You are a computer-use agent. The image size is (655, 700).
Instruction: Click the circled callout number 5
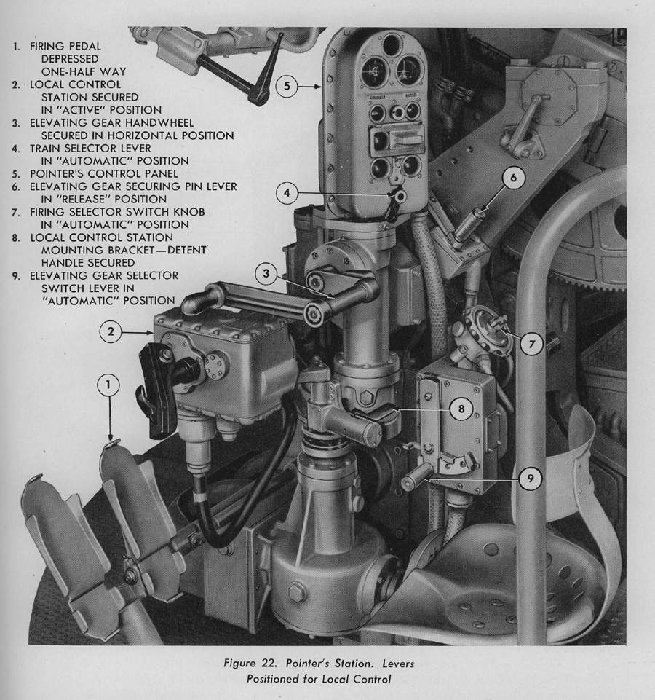(x=287, y=86)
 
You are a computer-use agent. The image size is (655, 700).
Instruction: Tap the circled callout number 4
(x=287, y=193)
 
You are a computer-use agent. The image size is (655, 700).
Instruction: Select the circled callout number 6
(x=513, y=178)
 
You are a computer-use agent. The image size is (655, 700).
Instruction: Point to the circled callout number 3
(x=266, y=273)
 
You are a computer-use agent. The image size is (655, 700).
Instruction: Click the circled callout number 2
(x=111, y=331)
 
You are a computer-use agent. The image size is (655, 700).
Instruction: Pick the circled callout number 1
(x=108, y=385)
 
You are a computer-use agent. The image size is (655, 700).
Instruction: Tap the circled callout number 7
(x=531, y=345)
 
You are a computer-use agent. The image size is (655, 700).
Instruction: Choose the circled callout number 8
(x=461, y=409)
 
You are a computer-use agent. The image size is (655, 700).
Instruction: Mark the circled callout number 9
(x=531, y=479)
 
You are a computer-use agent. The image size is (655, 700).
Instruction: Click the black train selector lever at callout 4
(x=394, y=205)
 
